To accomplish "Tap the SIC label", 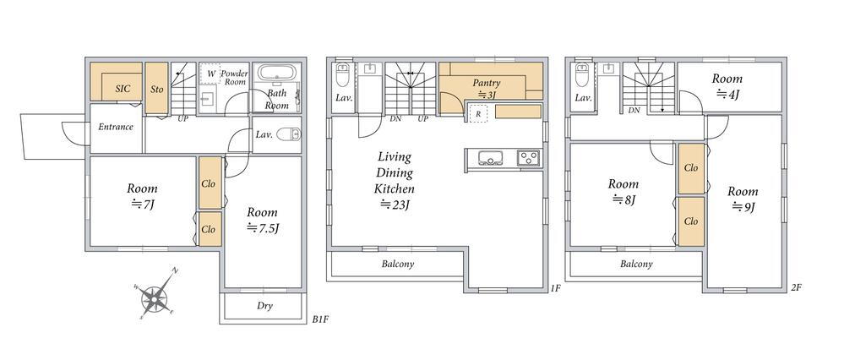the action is (x=123, y=89).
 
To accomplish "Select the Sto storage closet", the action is (x=156, y=88).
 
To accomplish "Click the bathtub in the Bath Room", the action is (x=276, y=73).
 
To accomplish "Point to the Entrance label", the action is (x=115, y=127).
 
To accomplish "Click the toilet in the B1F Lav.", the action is (x=290, y=134).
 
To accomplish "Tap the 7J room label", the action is (x=143, y=196).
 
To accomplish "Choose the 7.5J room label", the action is (x=263, y=220).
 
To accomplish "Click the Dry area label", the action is (x=264, y=306).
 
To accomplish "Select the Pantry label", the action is (x=487, y=88).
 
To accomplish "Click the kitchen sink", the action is (x=490, y=157).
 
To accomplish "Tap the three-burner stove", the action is (x=529, y=157).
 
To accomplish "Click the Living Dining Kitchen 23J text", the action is (x=395, y=180).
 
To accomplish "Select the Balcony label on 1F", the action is (x=398, y=265).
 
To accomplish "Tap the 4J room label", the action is (x=727, y=86).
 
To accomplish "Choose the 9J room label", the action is (x=743, y=199).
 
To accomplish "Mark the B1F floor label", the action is (x=320, y=319).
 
